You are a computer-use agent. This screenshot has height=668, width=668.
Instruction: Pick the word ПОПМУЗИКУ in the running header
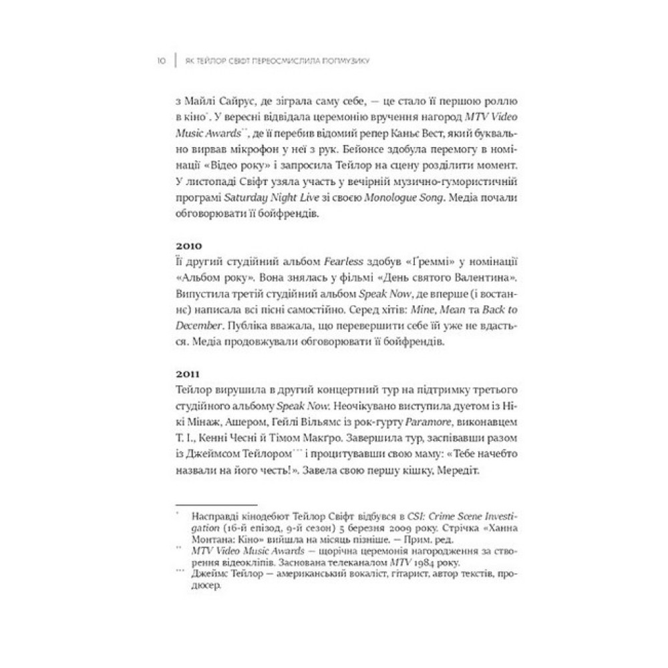click(348, 61)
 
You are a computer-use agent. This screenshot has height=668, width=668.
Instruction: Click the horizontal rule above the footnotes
click(215, 505)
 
